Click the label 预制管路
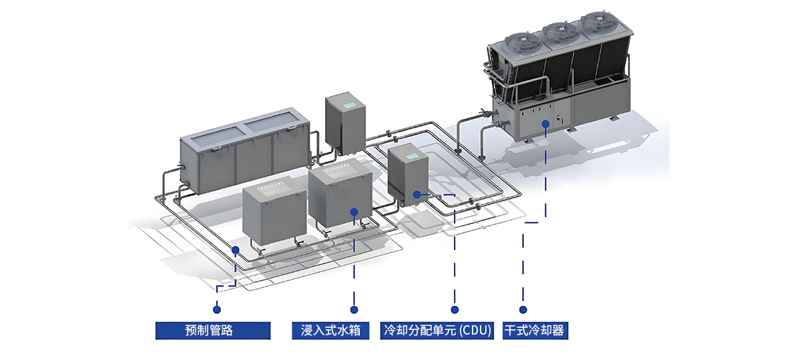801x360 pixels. tap(213, 330)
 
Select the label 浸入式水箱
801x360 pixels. tap(330, 330)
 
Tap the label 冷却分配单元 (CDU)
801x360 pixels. tap(438, 330)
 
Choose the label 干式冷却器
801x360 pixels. tap(535, 330)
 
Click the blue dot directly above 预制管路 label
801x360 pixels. tap(216, 309)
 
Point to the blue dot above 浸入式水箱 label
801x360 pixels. tap(354, 309)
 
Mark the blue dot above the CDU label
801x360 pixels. tap(455, 309)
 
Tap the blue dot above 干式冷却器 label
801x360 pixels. tap(523, 309)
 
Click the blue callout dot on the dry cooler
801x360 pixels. tap(546, 124)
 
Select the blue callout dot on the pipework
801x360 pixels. tap(235, 249)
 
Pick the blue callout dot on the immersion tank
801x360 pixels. tap(354, 212)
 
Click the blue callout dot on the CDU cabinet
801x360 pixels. tap(417, 194)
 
